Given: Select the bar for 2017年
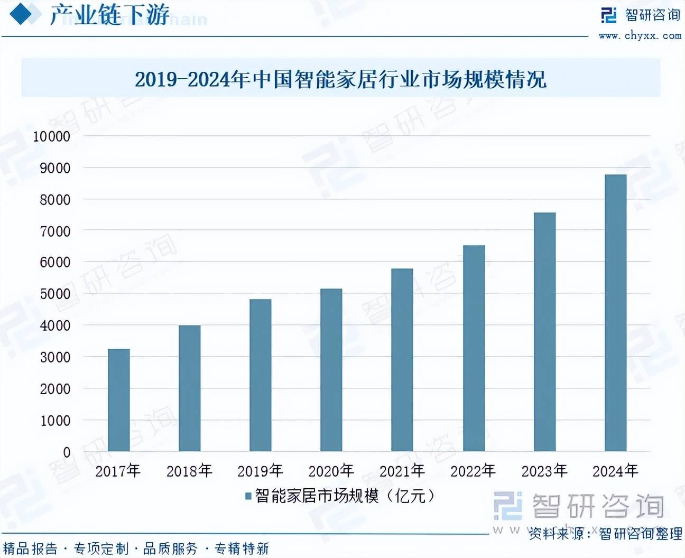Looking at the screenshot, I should tap(118, 400).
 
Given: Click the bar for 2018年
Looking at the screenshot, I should tap(189, 388).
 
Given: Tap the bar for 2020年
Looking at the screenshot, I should tap(331, 370).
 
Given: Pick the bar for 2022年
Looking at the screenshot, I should tap(474, 348).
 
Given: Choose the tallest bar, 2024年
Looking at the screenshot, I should tap(615, 313).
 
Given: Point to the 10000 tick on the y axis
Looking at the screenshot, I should tap(52, 136).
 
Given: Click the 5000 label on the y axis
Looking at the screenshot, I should tap(55, 294).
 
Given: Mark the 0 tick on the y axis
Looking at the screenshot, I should tap(67, 452).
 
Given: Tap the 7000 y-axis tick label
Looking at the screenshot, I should tap(55, 231).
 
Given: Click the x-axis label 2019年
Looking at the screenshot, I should tap(260, 470).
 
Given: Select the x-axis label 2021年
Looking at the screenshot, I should tap(402, 470).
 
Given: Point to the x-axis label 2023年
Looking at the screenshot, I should tap(544, 470).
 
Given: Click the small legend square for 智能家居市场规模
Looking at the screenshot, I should tap(248, 496).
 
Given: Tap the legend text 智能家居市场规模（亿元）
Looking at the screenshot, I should tap(345, 496).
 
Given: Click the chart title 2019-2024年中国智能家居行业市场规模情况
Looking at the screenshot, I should tap(340, 80).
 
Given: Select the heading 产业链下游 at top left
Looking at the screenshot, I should tap(109, 15).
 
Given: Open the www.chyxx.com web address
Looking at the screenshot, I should tap(640, 36).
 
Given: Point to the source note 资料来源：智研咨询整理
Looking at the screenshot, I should tap(605, 534).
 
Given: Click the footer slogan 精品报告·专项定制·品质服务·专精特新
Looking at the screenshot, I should tap(136, 548).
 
